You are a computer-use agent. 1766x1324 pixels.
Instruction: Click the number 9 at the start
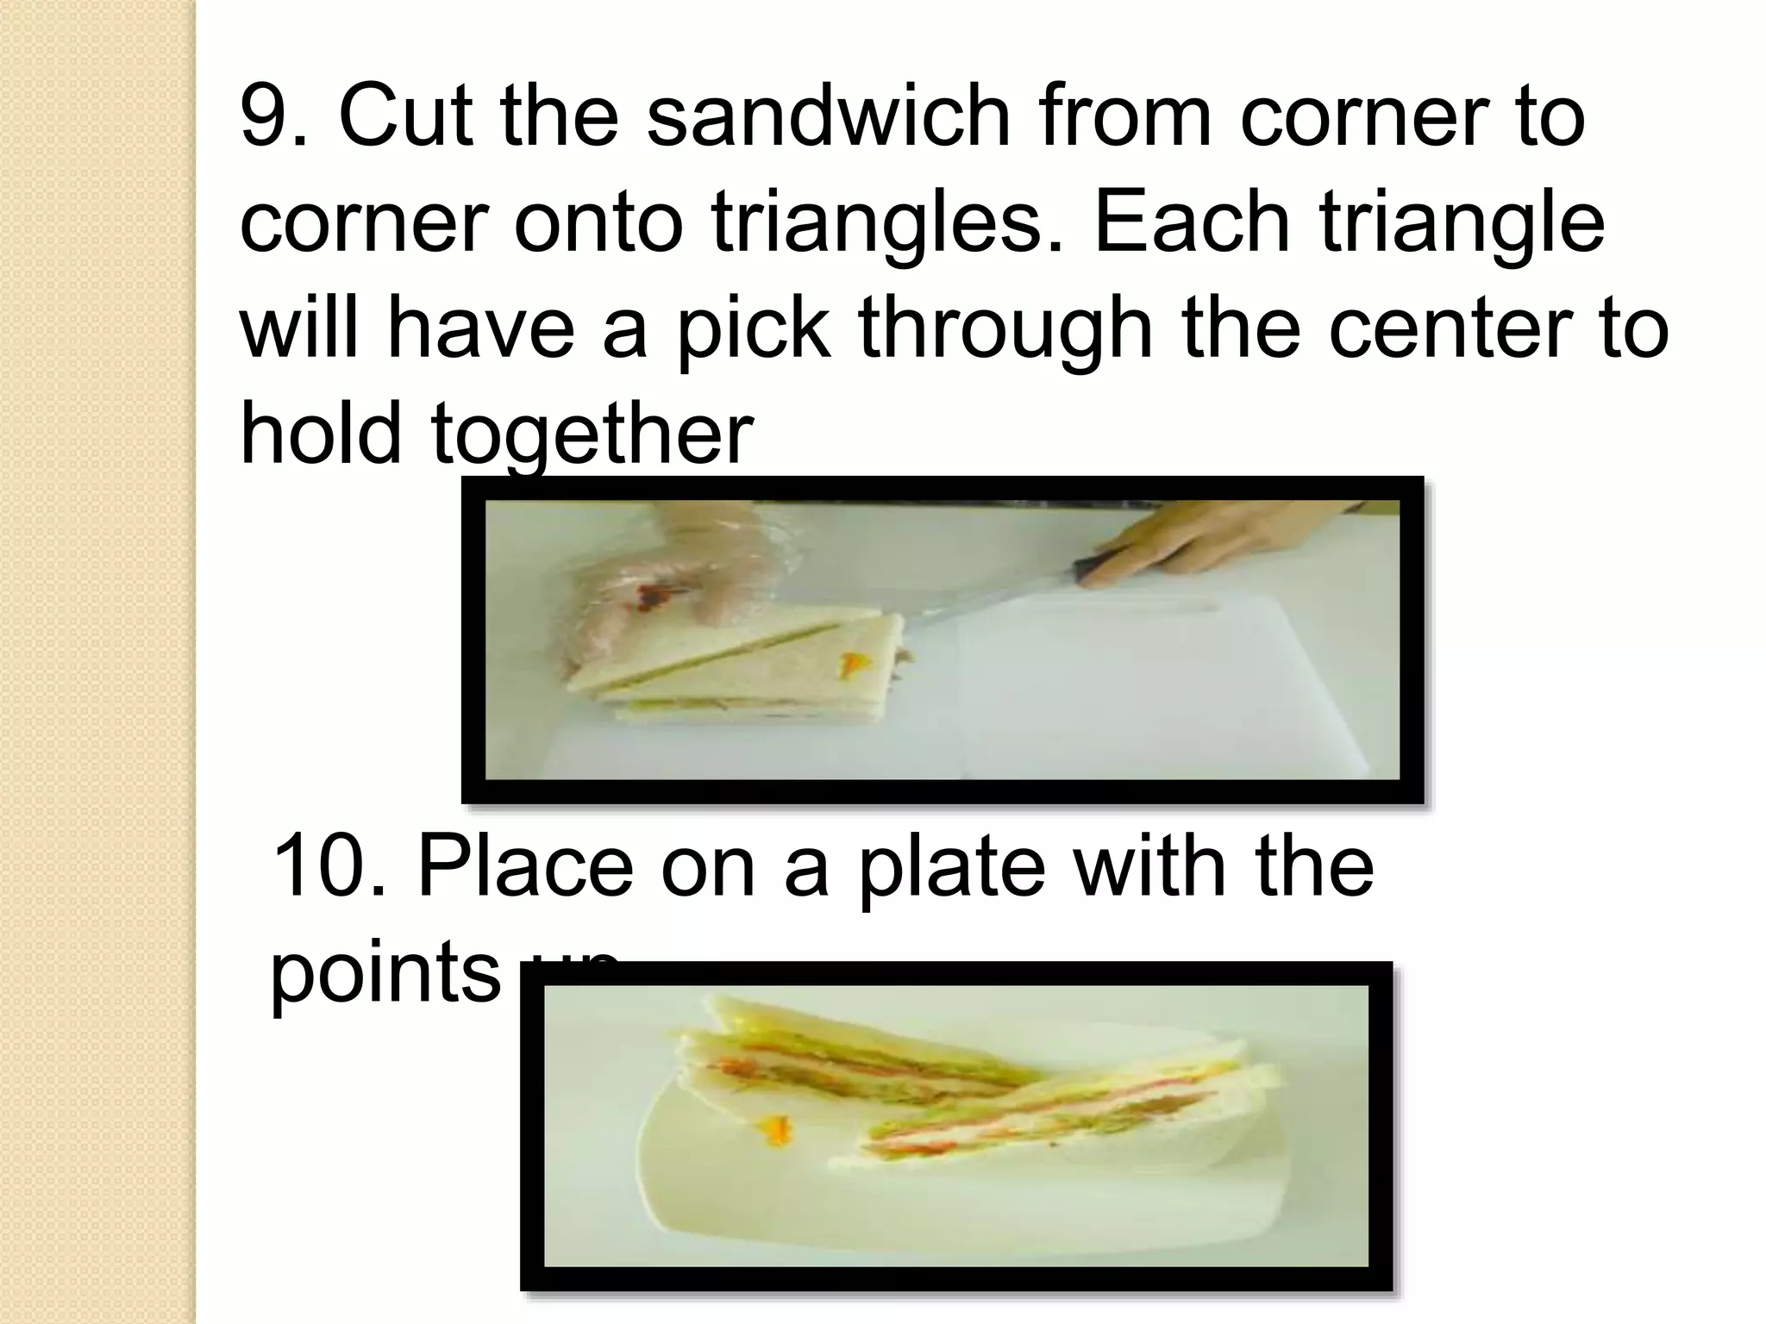pos(263,116)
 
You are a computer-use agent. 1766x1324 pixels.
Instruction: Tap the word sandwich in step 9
pos(827,116)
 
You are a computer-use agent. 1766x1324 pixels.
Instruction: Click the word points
pos(385,974)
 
